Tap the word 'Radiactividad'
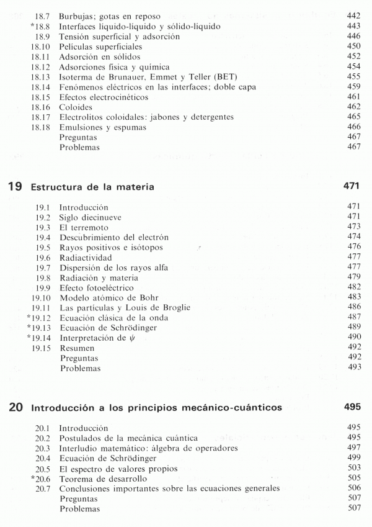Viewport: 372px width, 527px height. click(x=86, y=258)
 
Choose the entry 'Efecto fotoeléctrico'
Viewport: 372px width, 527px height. click(x=96, y=288)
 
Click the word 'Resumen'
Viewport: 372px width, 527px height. click(x=77, y=348)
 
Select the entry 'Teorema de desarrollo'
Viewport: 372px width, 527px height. click(x=102, y=479)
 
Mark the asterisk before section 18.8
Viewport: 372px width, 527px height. click(x=31, y=27)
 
